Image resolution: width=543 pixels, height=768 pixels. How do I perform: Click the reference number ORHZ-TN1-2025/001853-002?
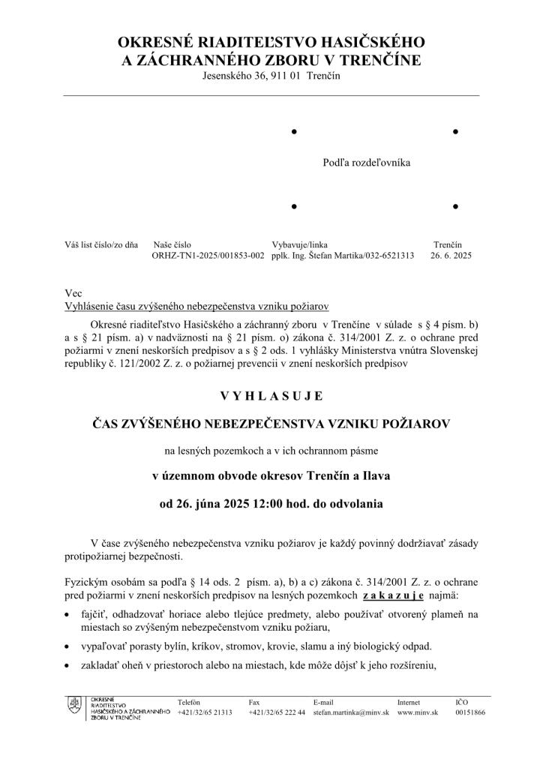[208, 256]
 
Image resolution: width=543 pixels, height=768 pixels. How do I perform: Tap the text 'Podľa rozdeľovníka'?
[367, 162]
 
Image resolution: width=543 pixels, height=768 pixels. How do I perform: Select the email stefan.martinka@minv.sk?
[350, 712]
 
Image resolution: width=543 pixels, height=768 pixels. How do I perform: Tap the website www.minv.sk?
[418, 712]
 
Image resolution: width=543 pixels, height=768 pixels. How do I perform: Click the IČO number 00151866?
[470, 712]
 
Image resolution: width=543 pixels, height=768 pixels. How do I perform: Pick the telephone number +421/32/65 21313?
[205, 712]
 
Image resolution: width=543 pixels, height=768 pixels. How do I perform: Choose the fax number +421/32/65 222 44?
[277, 712]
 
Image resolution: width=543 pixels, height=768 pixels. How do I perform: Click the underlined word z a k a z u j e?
[393, 595]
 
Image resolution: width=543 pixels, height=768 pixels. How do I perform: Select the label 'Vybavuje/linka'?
[299, 244]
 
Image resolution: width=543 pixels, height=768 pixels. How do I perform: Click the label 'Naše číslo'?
[172, 244]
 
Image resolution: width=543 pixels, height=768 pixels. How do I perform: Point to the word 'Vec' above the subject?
[73, 294]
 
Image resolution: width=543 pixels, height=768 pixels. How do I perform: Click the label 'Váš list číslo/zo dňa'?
[102, 244]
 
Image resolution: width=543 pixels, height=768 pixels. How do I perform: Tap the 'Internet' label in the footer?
[409, 702]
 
